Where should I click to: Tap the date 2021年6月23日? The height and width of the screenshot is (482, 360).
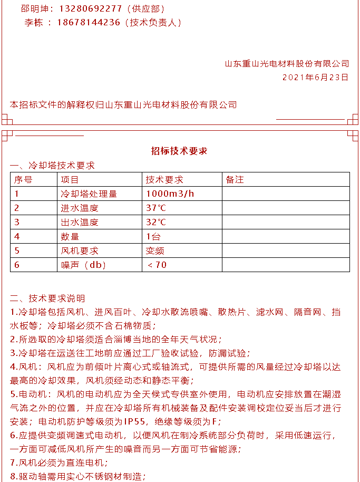(316, 77)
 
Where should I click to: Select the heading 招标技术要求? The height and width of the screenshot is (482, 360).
(179, 151)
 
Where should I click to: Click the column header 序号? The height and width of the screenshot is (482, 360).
(23, 179)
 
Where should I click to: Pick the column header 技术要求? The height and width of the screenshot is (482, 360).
(164, 179)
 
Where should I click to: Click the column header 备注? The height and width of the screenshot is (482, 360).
(235, 179)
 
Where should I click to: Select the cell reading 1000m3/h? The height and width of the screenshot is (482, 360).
(170, 194)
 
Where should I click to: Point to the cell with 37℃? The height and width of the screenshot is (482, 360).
(156, 208)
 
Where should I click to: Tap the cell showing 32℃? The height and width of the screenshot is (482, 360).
(156, 222)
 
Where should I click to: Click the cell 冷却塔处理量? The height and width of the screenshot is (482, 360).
(89, 194)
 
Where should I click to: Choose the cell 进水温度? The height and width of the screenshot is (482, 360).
(80, 208)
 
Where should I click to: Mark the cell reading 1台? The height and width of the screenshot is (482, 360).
(153, 236)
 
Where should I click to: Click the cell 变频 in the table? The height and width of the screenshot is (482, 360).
(155, 250)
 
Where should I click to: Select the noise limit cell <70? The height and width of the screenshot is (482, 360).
(157, 265)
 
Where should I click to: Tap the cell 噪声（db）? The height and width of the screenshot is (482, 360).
(84, 265)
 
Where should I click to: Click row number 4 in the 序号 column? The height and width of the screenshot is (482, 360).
(17, 236)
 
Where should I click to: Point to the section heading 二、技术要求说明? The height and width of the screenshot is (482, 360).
(47, 298)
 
